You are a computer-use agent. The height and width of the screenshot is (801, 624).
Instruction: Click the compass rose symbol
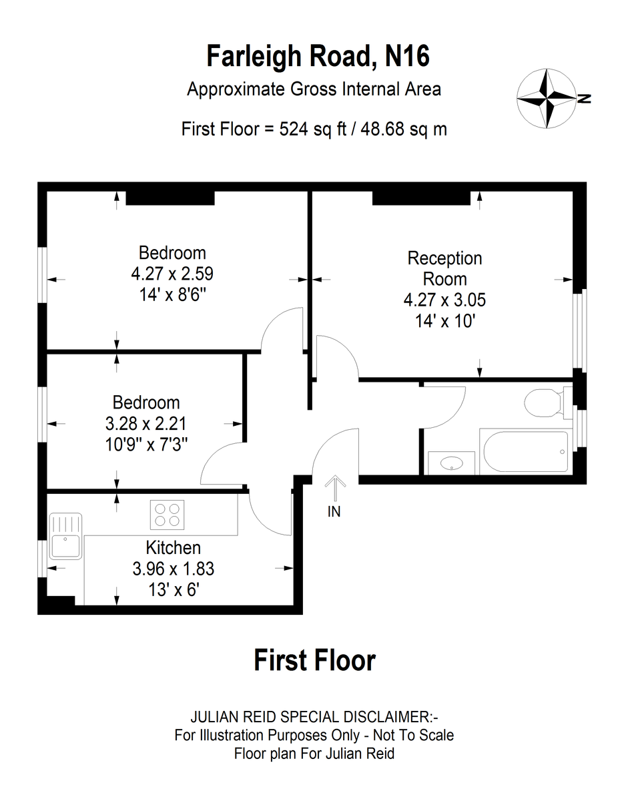click(x=546, y=98)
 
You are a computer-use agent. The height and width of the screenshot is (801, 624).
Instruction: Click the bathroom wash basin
click(x=452, y=463)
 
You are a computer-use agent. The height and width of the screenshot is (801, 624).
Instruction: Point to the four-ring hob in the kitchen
click(x=167, y=515)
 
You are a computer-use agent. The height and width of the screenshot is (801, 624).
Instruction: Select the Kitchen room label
click(x=174, y=548)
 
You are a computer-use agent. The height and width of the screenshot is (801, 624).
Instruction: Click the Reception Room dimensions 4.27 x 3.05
click(x=444, y=300)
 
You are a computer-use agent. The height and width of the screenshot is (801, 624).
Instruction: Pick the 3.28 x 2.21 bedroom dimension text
click(x=146, y=424)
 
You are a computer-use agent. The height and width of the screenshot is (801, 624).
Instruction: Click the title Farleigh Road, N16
click(x=318, y=56)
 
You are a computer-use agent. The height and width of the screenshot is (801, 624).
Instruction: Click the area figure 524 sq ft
click(x=313, y=129)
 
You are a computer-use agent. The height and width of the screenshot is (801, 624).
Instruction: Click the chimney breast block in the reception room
click(x=421, y=198)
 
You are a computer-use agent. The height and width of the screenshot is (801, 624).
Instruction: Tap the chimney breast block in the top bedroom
click(x=170, y=198)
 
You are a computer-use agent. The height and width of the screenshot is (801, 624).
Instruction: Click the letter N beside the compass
click(x=584, y=99)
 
